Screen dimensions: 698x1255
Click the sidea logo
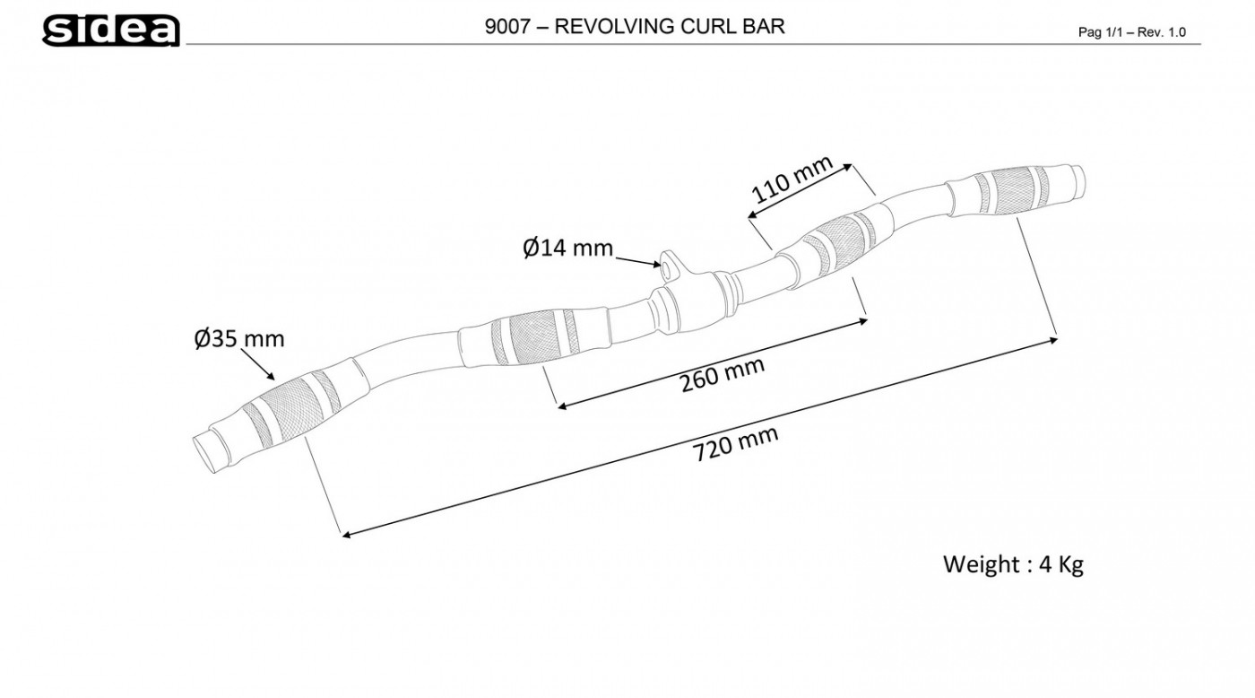[x=110, y=30]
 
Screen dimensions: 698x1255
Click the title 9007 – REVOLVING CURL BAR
[x=634, y=26]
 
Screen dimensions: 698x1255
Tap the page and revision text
[x=1131, y=32]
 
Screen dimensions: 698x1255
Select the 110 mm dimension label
[x=792, y=180]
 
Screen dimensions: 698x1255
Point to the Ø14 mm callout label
[x=567, y=247]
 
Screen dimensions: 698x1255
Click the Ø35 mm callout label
[x=239, y=338]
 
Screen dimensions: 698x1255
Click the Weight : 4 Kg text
[x=1013, y=564]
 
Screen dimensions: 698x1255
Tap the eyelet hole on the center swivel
[x=666, y=264]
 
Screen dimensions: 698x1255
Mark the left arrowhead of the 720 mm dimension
[x=345, y=535]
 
